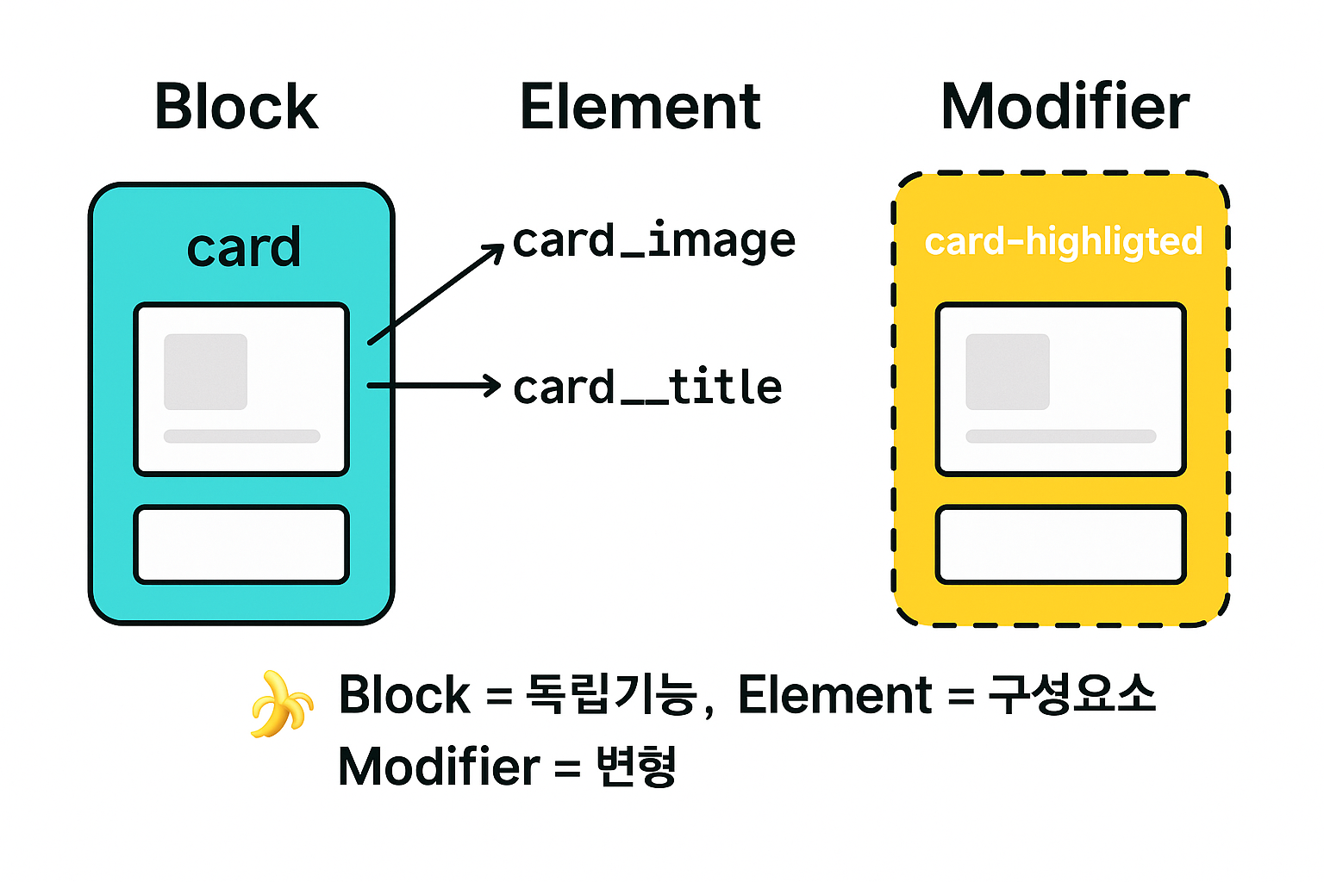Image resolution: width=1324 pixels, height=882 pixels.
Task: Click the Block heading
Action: click(236, 108)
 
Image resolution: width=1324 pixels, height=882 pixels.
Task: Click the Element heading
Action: click(640, 108)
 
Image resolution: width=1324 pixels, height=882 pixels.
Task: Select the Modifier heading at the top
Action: click(1065, 108)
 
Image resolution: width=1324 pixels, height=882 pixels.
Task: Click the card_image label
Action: click(653, 241)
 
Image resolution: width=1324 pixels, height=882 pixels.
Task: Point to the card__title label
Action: click(647, 388)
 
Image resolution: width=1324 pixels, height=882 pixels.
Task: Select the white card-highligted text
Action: click(1063, 242)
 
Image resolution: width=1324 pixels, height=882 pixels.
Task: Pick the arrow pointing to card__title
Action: click(434, 385)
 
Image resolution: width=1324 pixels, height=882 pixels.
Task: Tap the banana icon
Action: click(280, 704)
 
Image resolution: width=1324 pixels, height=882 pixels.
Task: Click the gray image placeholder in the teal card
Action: click(206, 372)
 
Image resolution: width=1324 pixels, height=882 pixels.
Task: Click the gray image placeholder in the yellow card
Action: click(1007, 372)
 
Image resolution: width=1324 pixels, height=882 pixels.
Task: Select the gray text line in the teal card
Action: click(241, 436)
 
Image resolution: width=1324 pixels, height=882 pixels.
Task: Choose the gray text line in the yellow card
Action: click(1060, 436)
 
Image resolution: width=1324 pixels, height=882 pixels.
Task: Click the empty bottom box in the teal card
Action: click(241, 544)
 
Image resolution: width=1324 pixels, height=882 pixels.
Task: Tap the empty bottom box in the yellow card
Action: click(1060, 544)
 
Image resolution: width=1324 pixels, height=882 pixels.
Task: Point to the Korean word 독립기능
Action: click(610, 694)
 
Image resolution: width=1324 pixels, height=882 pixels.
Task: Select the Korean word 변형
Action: click(636, 766)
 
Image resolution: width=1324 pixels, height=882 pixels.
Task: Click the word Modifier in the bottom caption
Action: click(439, 766)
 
